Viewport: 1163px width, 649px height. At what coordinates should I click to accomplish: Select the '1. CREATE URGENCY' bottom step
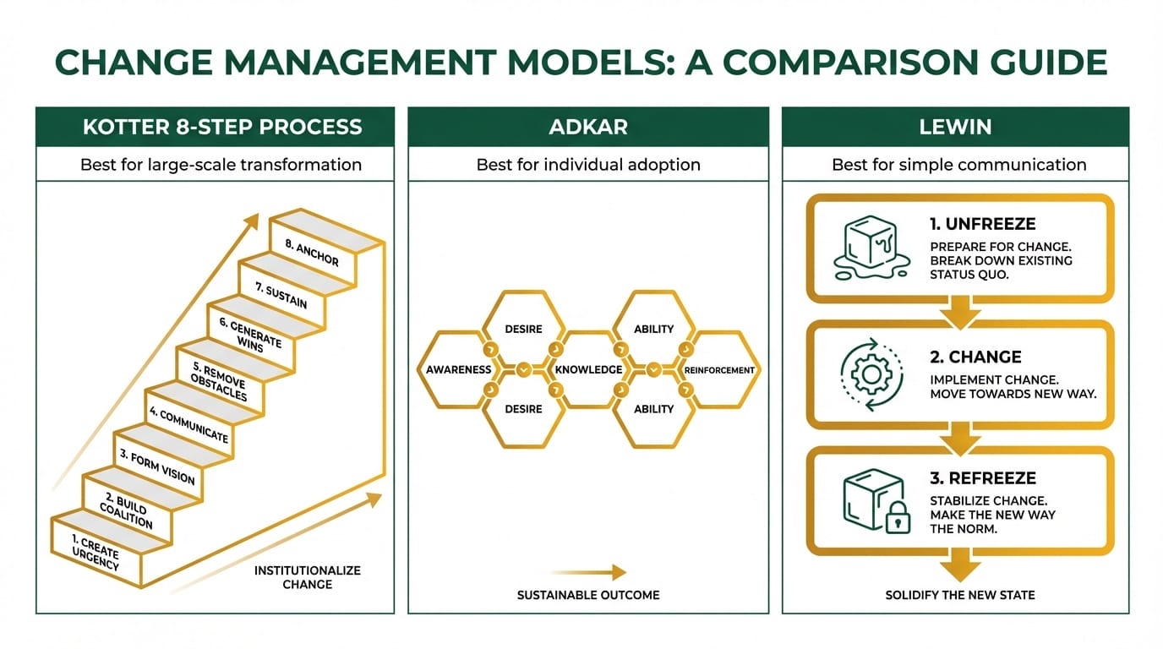coord(96,551)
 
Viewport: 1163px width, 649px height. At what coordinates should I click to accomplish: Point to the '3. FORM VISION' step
coord(156,467)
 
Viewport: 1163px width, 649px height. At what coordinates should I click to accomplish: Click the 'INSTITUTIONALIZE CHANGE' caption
coord(307,577)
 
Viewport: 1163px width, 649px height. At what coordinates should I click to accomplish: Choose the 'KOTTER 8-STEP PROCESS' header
coord(221,128)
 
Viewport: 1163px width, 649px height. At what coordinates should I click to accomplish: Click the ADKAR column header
coord(587,128)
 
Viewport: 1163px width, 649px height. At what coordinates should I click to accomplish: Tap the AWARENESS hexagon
coord(459,369)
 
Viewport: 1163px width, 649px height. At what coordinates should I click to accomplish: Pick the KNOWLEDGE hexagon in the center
coord(588,369)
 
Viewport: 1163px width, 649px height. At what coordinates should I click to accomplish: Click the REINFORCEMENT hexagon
coord(718,369)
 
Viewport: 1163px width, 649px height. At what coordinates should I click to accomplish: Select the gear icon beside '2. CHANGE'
coord(865,374)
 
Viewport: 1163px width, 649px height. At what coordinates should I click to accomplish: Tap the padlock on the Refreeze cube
coord(898,520)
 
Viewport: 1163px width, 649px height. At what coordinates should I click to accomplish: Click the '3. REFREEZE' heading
coord(982,478)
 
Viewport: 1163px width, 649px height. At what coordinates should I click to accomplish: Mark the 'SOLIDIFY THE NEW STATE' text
coord(959,595)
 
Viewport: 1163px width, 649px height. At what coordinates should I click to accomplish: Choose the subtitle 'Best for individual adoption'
coord(587,165)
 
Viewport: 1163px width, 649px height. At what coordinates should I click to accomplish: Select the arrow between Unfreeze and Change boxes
coord(960,310)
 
